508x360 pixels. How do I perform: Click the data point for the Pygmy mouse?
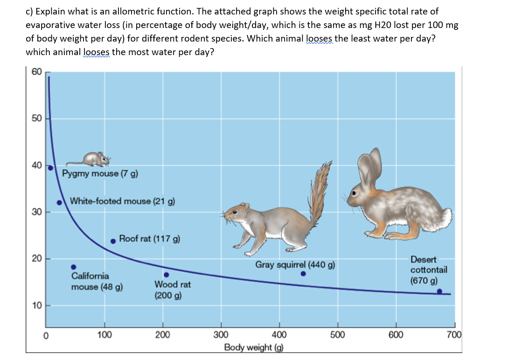(50, 168)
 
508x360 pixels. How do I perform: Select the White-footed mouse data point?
(59, 203)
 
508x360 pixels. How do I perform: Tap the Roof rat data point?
(113, 241)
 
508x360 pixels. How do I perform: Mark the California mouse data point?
(73, 267)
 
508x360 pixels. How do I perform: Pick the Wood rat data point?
(166, 275)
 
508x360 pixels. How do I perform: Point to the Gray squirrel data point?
(303, 274)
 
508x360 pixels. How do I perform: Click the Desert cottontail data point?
(439, 291)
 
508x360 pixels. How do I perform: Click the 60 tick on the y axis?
(37, 71)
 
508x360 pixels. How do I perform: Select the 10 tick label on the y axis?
(37, 305)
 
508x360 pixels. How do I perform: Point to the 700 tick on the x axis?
(453, 335)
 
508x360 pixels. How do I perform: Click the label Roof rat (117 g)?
(149, 239)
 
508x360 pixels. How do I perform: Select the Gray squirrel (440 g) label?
(294, 265)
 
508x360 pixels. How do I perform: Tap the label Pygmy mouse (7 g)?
(100, 174)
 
